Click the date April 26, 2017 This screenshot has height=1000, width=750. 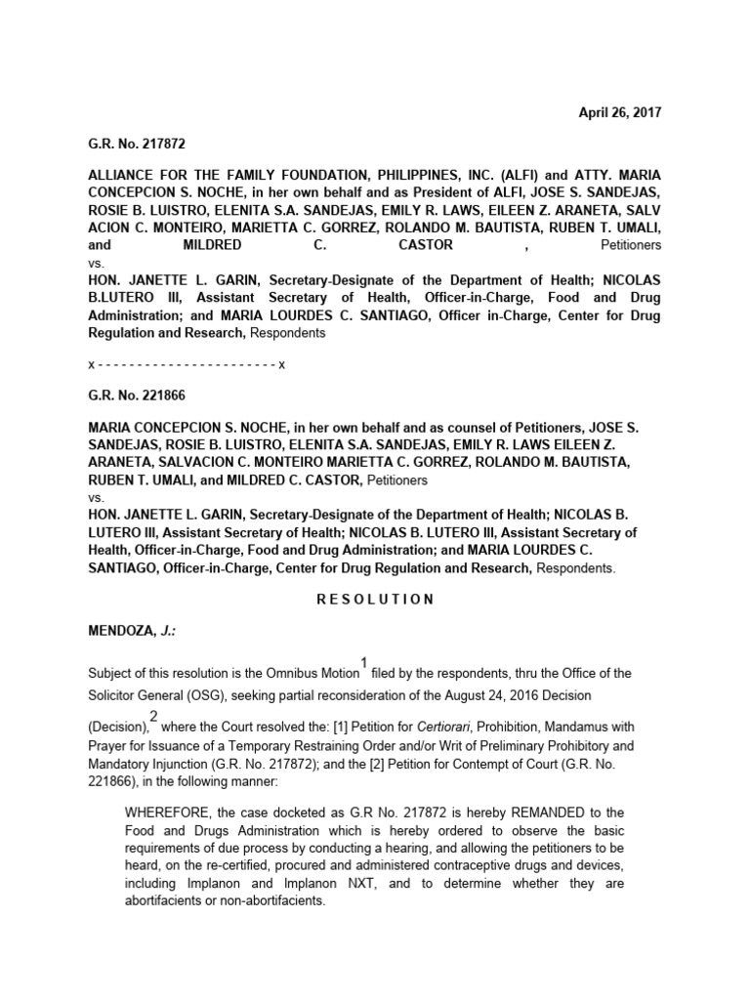coord(620,112)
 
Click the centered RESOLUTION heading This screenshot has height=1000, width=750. coord(375,600)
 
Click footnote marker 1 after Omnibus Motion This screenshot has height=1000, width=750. coord(364,664)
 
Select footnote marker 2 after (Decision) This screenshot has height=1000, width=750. coord(153,718)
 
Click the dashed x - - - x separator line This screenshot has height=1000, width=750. coord(186,363)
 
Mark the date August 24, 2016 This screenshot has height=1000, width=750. coord(541,693)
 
